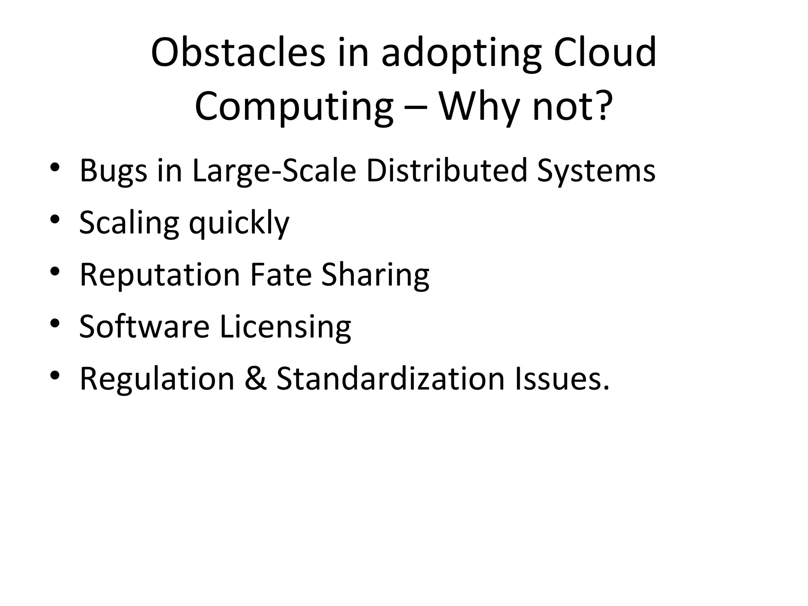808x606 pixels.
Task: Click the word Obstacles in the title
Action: [238, 52]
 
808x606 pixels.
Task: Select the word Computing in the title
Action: [294, 107]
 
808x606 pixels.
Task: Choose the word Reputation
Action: [160, 275]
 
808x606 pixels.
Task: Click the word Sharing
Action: [375, 275]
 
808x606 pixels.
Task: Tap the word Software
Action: [144, 327]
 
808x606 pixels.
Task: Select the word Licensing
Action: [285, 327]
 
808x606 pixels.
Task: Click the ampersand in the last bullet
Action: [256, 379]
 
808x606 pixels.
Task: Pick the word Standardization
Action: [390, 379]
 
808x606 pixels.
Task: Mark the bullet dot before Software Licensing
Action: [55, 324]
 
